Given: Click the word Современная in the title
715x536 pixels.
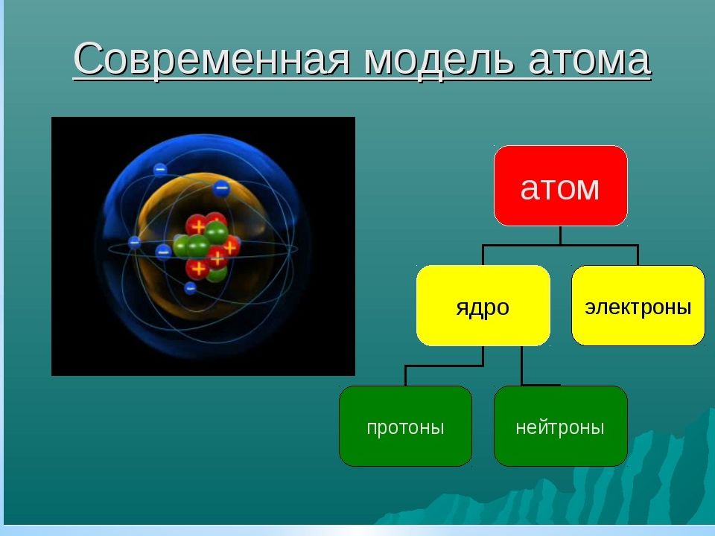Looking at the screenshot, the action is [x=212, y=60].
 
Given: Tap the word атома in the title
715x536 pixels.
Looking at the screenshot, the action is [x=589, y=60].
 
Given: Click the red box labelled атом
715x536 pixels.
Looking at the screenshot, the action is [x=560, y=186].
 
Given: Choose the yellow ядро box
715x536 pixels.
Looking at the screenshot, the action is [x=483, y=305].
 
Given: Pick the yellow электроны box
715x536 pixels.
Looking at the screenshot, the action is [x=638, y=305].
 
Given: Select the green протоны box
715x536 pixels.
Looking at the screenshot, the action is [x=405, y=426].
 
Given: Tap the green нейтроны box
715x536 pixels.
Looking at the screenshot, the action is [x=560, y=426].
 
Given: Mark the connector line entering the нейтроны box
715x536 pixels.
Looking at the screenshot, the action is [x=522, y=366].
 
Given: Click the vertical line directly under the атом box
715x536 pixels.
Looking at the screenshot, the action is [x=560, y=236].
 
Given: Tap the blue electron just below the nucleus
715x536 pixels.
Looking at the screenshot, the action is [x=190, y=288].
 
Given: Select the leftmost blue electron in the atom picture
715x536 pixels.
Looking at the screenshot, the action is [x=134, y=243].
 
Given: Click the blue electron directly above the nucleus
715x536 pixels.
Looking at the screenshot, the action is [x=221, y=188].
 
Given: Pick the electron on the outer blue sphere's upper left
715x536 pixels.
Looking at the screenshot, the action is [x=159, y=170].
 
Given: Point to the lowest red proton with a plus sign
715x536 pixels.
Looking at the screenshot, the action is [x=197, y=269].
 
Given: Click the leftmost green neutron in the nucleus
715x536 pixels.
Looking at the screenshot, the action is [x=181, y=246].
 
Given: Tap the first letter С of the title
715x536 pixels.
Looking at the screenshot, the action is [x=87, y=60].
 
